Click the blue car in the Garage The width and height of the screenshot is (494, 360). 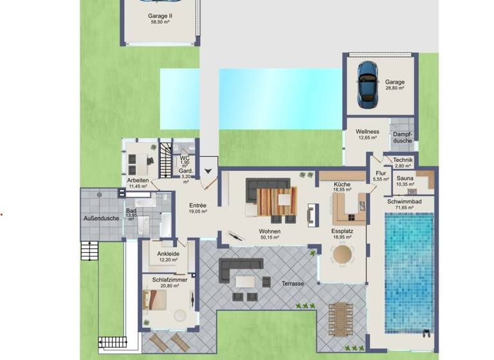coord(367,84)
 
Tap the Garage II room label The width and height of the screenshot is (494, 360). coord(160,15)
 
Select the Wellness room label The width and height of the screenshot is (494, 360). coord(367,132)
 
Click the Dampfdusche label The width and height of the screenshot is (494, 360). coord(403,138)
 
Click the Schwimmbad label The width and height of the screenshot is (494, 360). coord(404,201)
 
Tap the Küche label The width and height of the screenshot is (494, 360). coord(342,184)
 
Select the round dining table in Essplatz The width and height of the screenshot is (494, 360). coord(342,254)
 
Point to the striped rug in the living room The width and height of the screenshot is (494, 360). coord(277,201)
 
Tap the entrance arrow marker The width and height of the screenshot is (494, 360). coord(208,171)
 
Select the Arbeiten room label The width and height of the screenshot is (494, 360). coord(138,181)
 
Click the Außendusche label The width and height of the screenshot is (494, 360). coord(101,219)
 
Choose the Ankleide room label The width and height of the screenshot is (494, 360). coord(168,253)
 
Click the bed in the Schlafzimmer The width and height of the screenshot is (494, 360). coord(156,301)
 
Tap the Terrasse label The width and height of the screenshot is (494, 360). coord(292,283)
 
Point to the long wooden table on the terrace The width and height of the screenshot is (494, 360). coord(338,319)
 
